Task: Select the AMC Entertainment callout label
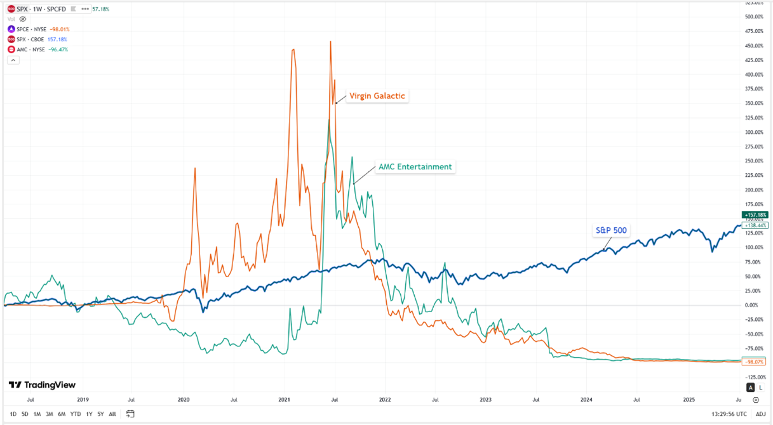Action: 415,167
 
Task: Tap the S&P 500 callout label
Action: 611,230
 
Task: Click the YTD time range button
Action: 76,414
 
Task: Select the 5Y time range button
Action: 100,414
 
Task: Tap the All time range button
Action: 112,414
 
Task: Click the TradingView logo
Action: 42,385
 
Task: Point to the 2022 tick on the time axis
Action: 384,400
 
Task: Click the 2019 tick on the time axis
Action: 83,400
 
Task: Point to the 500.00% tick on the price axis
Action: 755,17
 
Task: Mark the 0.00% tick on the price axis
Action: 755,305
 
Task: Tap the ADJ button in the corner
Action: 760,414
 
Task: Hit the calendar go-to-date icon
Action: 130,414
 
